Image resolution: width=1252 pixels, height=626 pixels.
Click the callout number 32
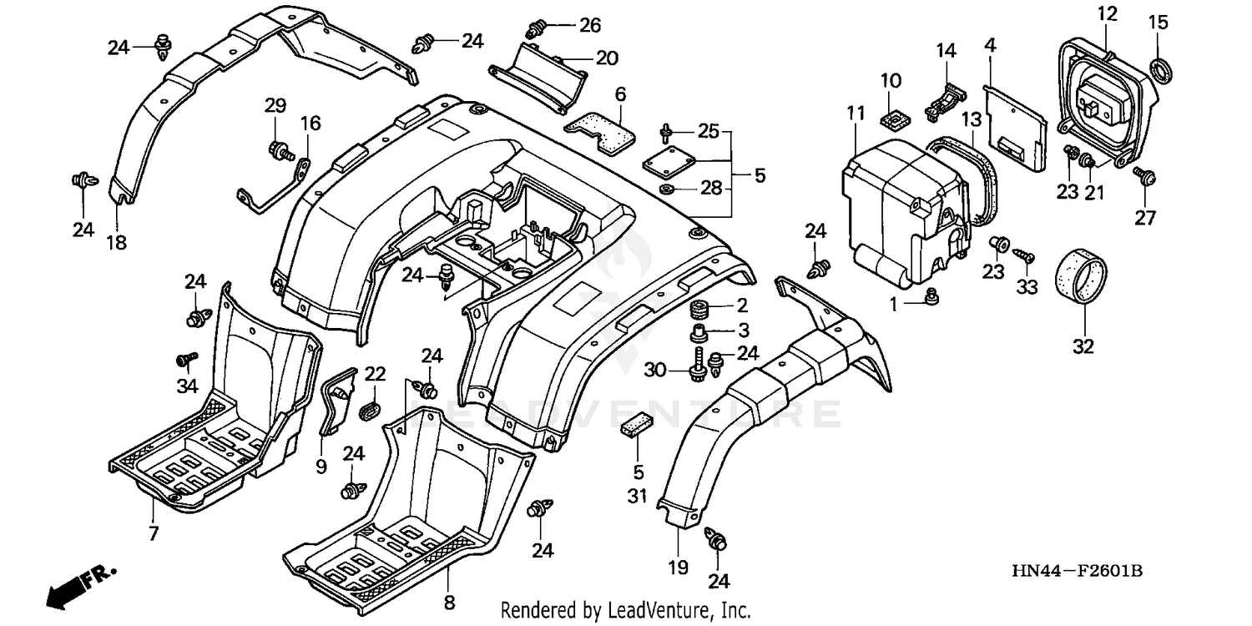[1083, 345]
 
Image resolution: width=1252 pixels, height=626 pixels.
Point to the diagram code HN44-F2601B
[1077, 572]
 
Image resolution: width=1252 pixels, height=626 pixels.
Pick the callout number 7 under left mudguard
[153, 533]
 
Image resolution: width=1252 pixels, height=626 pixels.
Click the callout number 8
[449, 602]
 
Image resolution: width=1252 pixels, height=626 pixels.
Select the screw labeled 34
[184, 360]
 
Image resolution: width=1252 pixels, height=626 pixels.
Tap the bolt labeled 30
[695, 368]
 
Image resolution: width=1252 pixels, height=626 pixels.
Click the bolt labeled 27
[1143, 176]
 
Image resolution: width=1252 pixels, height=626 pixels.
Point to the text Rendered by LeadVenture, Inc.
[625, 611]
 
